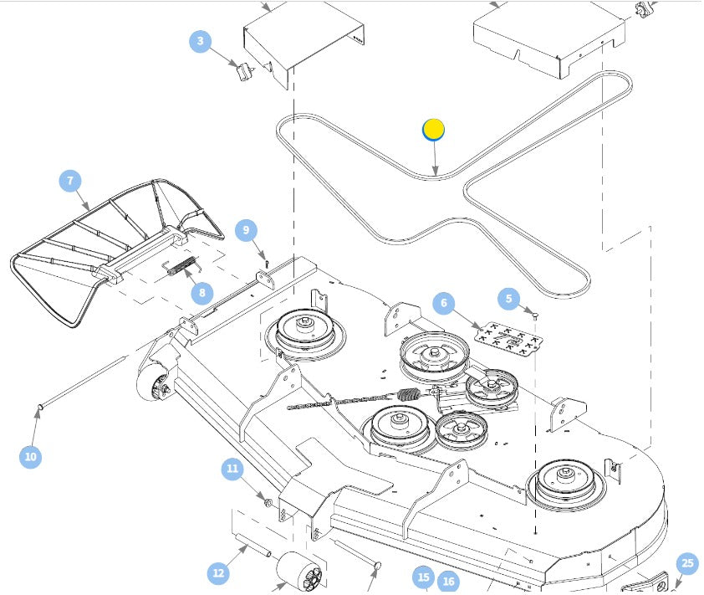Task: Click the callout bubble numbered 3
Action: pyautogui.click(x=201, y=41)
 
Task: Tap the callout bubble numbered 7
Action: pyautogui.click(x=70, y=181)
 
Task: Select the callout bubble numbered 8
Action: pyautogui.click(x=201, y=292)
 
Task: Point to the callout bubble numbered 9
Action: pyautogui.click(x=246, y=230)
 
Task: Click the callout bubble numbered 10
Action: pyautogui.click(x=31, y=456)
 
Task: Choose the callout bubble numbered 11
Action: pyautogui.click(x=233, y=469)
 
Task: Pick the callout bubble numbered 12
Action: pyautogui.click(x=219, y=572)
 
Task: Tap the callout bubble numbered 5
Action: pyautogui.click(x=509, y=299)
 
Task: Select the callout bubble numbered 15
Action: pyautogui.click(x=423, y=577)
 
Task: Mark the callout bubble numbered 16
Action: pyautogui.click(x=449, y=582)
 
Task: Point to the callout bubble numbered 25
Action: pyautogui.click(x=686, y=563)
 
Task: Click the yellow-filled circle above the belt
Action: pyautogui.click(x=433, y=130)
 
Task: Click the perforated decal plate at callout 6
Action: pyautogui.click(x=503, y=339)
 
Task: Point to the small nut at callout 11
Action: pyautogui.click(x=268, y=502)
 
